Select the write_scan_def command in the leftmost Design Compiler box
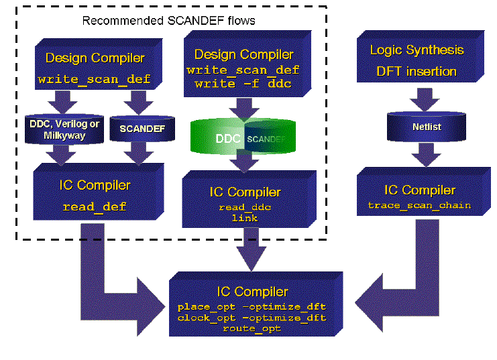tap(99, 79)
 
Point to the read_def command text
tap(94, 206)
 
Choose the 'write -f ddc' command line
tap(243, 84)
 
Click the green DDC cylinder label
tap(227, 139)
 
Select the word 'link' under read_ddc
tap(245, 219)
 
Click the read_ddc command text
tap(245, 208)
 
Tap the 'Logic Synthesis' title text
tap(417, 50)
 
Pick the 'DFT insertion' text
tap(417, 71)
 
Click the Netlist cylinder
tap(416, 125)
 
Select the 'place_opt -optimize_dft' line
tap(252, 306)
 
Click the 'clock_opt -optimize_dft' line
tap(252, 317)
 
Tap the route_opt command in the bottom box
tap(252, 328)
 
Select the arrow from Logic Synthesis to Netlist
tap(417, 101)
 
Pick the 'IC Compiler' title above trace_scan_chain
tap(419, 190)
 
